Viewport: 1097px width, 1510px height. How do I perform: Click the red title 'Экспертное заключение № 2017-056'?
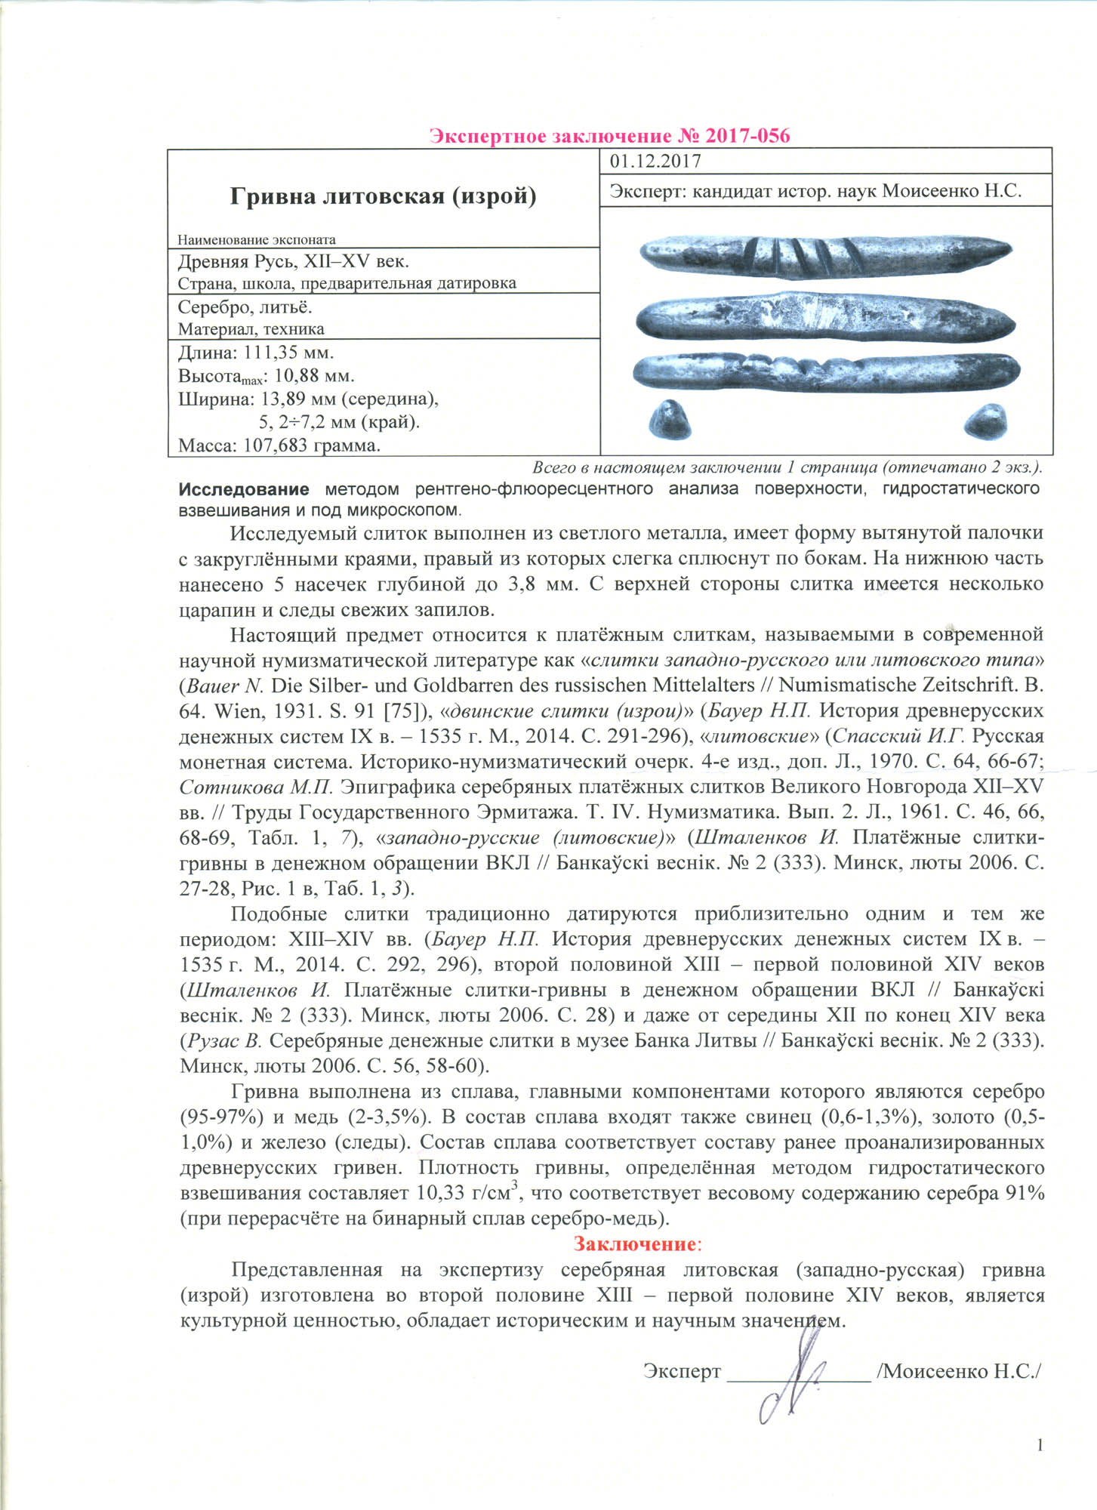(609, 136)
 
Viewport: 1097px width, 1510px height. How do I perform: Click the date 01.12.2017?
(655, 161)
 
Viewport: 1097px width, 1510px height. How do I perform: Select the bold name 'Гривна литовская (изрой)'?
(383, 196)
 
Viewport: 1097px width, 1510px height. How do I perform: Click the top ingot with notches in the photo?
(825, 254)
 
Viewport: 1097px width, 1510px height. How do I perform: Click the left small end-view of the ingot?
(672, 419)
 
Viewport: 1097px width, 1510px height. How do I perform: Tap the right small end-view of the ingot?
(984, 421)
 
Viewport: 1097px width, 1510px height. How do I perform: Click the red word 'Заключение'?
(633, 1243)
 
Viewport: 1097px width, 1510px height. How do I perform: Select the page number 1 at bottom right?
(1040, 1445)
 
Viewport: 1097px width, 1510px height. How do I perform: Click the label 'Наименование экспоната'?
(256, 240)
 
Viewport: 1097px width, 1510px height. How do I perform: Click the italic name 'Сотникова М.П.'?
(256, 787)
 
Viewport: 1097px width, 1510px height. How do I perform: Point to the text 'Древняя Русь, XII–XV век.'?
(294, 262)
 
